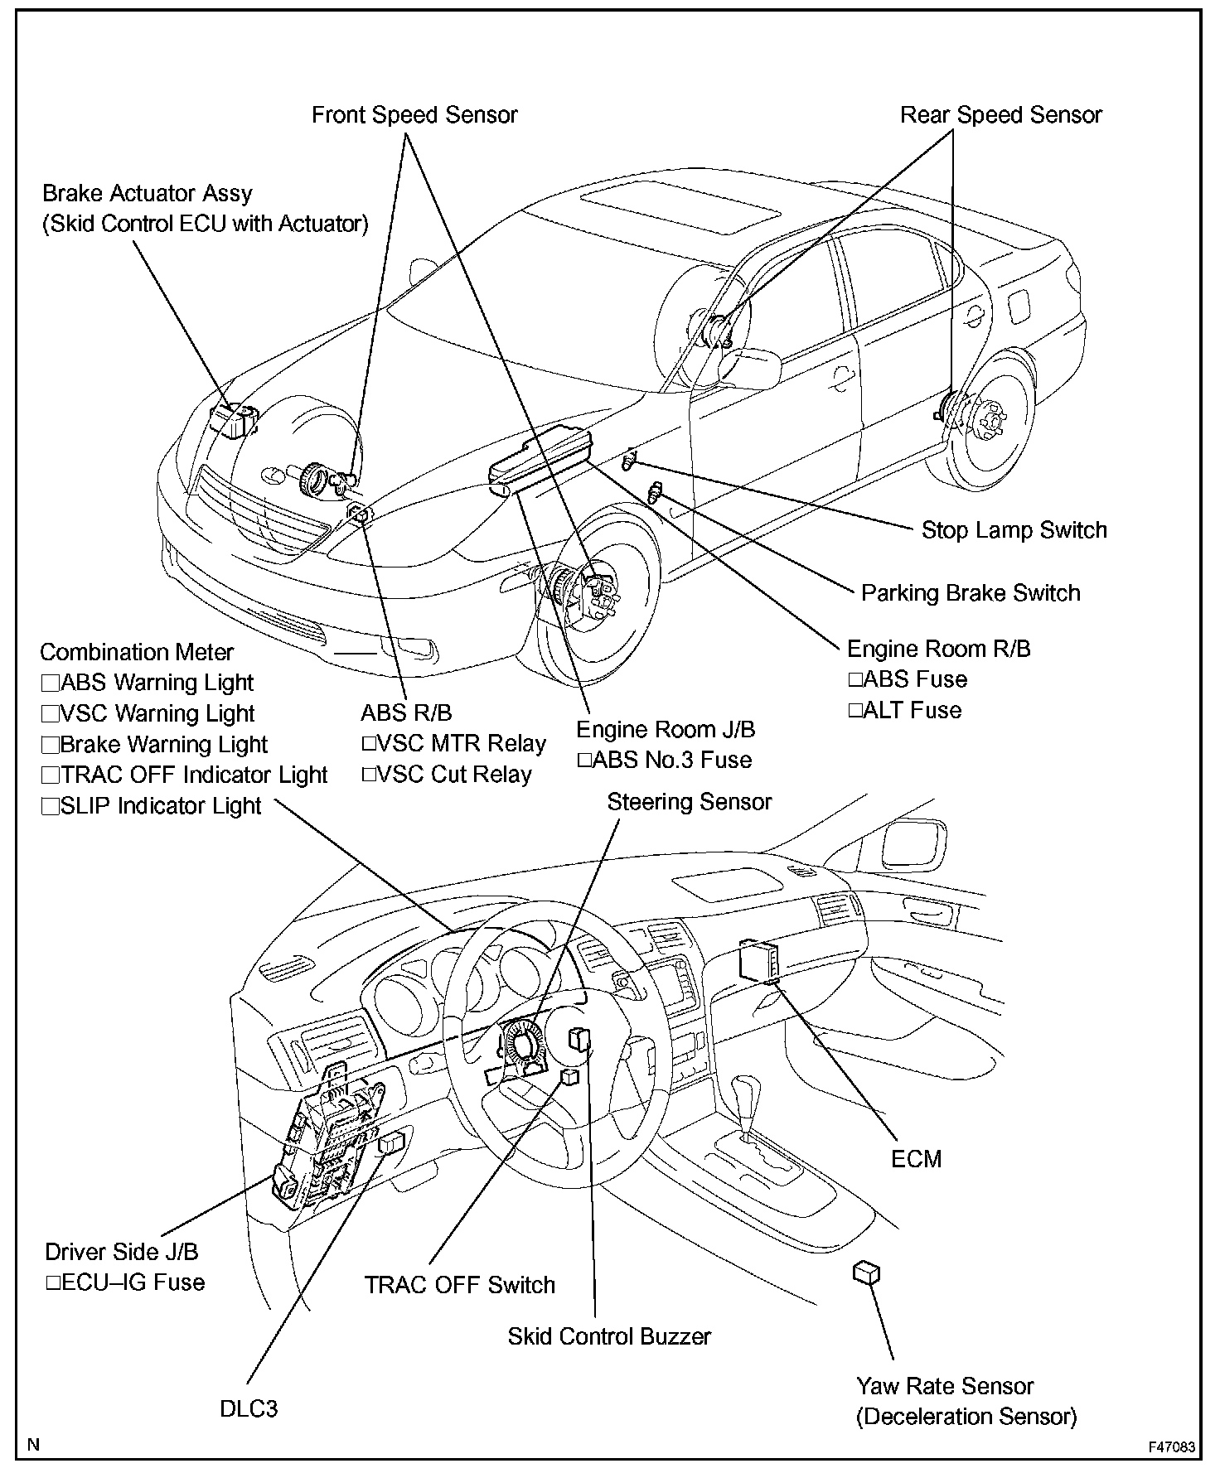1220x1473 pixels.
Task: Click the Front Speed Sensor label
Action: click(414, 115)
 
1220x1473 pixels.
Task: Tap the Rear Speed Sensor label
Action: click(1000, 115)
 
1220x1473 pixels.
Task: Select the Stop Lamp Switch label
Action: click(1014, 530)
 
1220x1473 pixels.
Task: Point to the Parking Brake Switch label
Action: click(971, 593)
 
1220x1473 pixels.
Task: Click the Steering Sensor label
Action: click(689, 802)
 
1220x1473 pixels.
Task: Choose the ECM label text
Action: click(916, 1159)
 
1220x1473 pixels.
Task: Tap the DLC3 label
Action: click(249, 1408)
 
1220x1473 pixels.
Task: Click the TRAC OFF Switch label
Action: click(460, 1285)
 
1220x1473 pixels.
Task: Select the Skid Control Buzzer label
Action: click(609, 1336)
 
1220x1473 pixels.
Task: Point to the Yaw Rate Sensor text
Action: click(945, 1386)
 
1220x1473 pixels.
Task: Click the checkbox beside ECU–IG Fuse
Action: click(54, 1283)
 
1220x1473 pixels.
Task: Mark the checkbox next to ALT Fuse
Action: click(855, 711)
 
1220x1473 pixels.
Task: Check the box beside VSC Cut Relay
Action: click(369, 775)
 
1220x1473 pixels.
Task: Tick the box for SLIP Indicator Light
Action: click(51, 807)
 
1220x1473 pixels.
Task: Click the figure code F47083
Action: click(1171, 1447)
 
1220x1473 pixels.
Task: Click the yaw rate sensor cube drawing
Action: click(865, 1274)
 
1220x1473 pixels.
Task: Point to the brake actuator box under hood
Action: click(233, 419)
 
